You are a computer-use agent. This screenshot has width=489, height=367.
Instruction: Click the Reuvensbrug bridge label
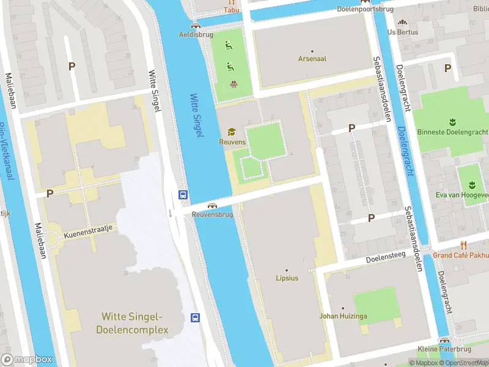(x=213, y=215)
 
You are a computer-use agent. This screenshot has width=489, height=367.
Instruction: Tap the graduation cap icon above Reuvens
(x=231, y=132)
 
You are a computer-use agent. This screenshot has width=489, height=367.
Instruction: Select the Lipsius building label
(x=286, y=278)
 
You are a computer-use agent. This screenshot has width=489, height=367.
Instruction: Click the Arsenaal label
(x=312, y=59)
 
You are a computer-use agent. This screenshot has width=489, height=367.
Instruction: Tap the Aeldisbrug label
(x=195, y=35)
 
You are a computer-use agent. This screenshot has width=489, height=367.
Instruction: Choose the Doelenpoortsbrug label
(x=364, y=9)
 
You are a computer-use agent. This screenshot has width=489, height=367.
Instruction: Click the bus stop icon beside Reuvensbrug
(x=183, y=195)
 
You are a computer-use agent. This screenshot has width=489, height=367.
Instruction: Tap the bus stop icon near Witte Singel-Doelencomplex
(x=196, y=317)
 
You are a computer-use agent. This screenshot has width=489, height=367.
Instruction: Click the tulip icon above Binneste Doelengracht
(x=453, y=121)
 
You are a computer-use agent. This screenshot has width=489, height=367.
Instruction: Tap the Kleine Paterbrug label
(x=444, y=350)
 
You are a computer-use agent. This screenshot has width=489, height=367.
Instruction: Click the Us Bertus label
(x=402, y=32)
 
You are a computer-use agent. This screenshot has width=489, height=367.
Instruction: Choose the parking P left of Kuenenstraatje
(x=50, y=193)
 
